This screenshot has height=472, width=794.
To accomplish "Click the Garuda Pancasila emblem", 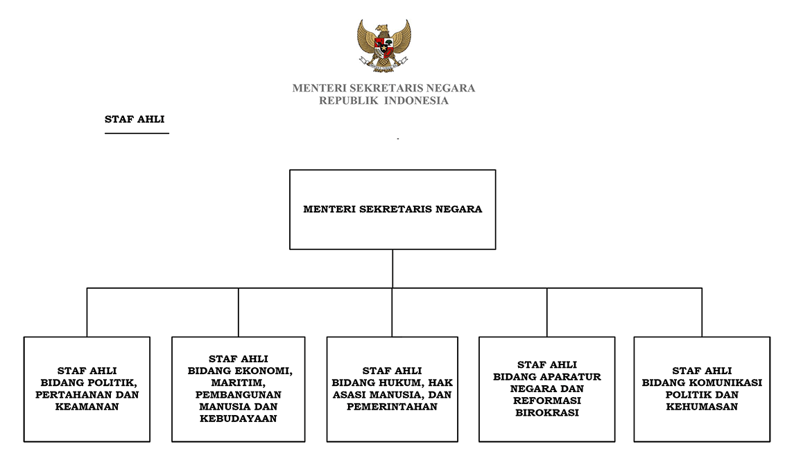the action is coord(383,46).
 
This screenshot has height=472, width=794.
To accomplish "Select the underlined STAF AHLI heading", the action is coord(135,119).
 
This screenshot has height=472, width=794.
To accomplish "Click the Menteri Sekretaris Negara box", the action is coord(392,210).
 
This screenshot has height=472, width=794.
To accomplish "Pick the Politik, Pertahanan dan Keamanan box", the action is coord(87,389).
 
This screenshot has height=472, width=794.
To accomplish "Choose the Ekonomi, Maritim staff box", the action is coord(238,389).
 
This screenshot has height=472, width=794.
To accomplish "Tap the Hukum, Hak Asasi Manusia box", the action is coord(392,389).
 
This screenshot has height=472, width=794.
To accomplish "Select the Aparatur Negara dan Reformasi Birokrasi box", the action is coord(547,389).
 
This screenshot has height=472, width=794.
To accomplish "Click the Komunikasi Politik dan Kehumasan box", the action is coord(702,389).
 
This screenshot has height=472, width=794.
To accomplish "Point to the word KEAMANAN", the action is coord(87,407).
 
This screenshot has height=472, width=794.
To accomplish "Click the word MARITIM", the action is coord(238,382).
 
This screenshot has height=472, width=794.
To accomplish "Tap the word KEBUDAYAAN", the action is coord(238,419).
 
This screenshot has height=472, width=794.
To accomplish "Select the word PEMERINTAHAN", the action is coord(392,407).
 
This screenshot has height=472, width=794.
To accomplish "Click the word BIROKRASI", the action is coord(547,413).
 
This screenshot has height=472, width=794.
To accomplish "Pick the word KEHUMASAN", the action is coord(702,407).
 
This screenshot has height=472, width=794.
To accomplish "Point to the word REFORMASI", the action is coord(547,401).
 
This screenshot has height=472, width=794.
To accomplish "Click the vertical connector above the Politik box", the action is coord(87,312).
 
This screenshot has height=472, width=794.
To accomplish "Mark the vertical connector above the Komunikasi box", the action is coord(702,312).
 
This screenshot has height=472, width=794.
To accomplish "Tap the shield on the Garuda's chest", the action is coord(383,47).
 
